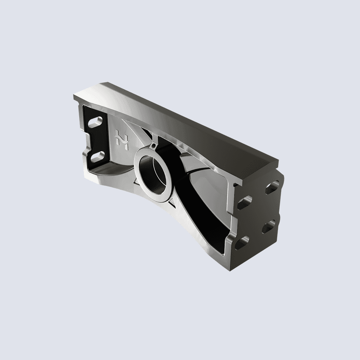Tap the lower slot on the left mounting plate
click(x=96, y=156)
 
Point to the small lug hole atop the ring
click(x=154, y=146)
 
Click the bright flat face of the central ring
click(x=141, y=182)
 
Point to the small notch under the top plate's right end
click(x=236, y=185)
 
